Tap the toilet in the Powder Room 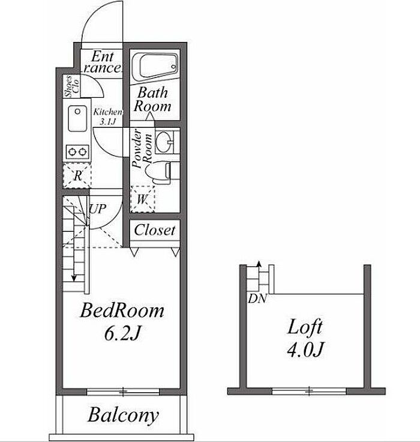click(x=158, y=172)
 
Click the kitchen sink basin click(x=77, y=118)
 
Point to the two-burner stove click(x=77, y=152)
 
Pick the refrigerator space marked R click(x=77, y=175)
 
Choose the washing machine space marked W click(x=142, y=199)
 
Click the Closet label click(x=155, y=230)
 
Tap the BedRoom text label click(x=122, y=310)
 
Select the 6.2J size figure click(x=122, y=333)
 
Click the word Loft click(x=305, y=327)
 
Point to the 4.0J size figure click(x=305, y=350)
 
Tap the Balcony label click(x=123, y=416)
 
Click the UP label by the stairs click(x=97, y=209)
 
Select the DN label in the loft click(x=257, y=299)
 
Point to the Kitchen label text click(x=108, y=112)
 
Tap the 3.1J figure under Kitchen click(x=108, y=122)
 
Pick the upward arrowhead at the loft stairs click(x=259, y=264)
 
